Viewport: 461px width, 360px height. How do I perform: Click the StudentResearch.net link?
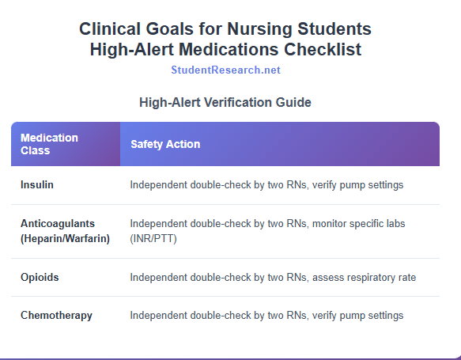coord(225,70)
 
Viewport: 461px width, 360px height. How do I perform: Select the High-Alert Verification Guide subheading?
coord(225,102)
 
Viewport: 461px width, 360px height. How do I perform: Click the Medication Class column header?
coord(49,144)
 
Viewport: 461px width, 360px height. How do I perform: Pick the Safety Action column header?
coord(165,144)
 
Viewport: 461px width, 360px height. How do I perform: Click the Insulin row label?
coord(37,185)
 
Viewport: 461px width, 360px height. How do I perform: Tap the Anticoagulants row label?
coord(59,224)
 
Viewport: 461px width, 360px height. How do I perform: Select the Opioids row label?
coord(40,278)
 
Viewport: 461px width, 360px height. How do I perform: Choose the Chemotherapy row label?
coord(56,316)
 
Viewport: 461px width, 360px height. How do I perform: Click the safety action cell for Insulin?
coord(266,185)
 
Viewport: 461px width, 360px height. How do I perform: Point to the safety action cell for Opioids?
coord(273,278)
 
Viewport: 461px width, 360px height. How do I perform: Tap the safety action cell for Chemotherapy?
coord(266,316)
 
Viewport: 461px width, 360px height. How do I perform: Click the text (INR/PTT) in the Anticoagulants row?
coord(153,238)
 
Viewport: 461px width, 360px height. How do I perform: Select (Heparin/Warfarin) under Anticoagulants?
coord(65,238)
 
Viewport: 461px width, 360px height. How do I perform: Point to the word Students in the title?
coord(334,29)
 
